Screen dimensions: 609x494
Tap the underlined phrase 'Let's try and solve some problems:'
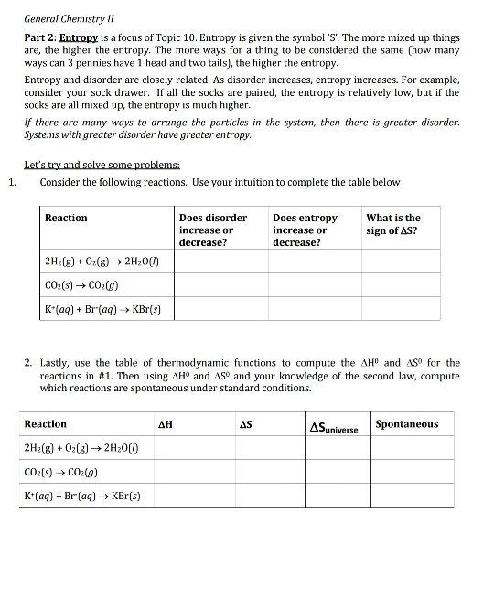pyautogui.click(x=102, y=166)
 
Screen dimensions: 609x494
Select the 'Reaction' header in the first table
pyautogui.click(x=66, y=218)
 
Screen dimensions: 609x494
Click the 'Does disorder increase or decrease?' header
pyautogui.click(x=213, y=230)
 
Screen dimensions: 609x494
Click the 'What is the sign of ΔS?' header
pyautogui.click(x=393, y=224)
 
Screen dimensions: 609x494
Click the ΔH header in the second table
pyautogui.click(x=166, y=425)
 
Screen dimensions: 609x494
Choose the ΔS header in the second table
pyautogui.click(x=245, y=425)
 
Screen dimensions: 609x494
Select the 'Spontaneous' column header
pyautogui.click(x=407, y=424)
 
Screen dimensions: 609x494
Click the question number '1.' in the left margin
pyautogui.click(x=10, y=182)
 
